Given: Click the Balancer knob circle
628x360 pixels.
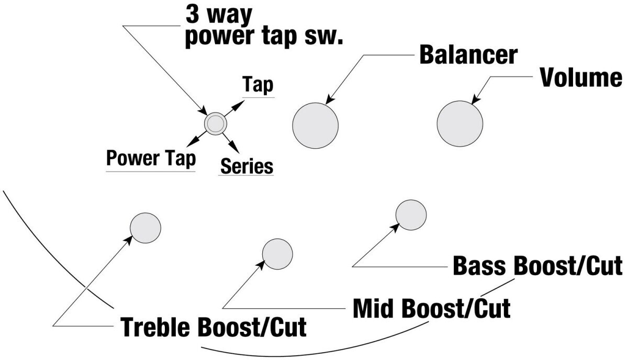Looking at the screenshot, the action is (x=316, y=126).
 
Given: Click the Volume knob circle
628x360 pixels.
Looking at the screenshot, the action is (x=460, y=123).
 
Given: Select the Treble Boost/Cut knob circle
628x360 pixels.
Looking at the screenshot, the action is (x=145, y=228).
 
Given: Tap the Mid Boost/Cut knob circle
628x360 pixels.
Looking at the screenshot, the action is (x=277, y=254).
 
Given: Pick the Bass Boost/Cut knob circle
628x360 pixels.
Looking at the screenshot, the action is (x=411, y=215).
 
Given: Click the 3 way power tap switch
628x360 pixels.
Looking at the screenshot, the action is (x=216, y=123).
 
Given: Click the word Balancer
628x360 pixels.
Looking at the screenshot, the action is (x=468, y=55).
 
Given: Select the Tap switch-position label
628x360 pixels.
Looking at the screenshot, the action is (x=258, y=84).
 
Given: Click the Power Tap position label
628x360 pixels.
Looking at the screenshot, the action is (x=151, y=159).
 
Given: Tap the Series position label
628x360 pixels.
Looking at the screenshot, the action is (x=246, y=166).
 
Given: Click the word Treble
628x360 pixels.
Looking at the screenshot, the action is (x=156, y=327).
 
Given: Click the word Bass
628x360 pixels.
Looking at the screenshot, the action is (x=479, y=265).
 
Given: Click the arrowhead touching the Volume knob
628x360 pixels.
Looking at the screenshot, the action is (x=476, y=99).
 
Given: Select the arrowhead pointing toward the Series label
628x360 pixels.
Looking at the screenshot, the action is (x=234, y=147).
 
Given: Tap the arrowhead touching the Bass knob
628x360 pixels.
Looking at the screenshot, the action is (x=395, y=228).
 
